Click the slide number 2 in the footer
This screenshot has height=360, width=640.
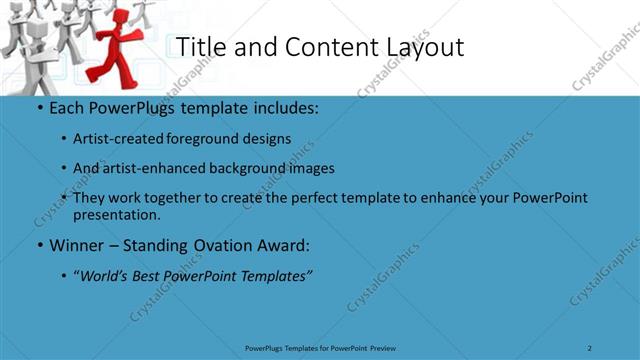coord(590,348)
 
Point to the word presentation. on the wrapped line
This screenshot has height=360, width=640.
coord(116,214)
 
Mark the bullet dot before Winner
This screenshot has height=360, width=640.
coord(38,245)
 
